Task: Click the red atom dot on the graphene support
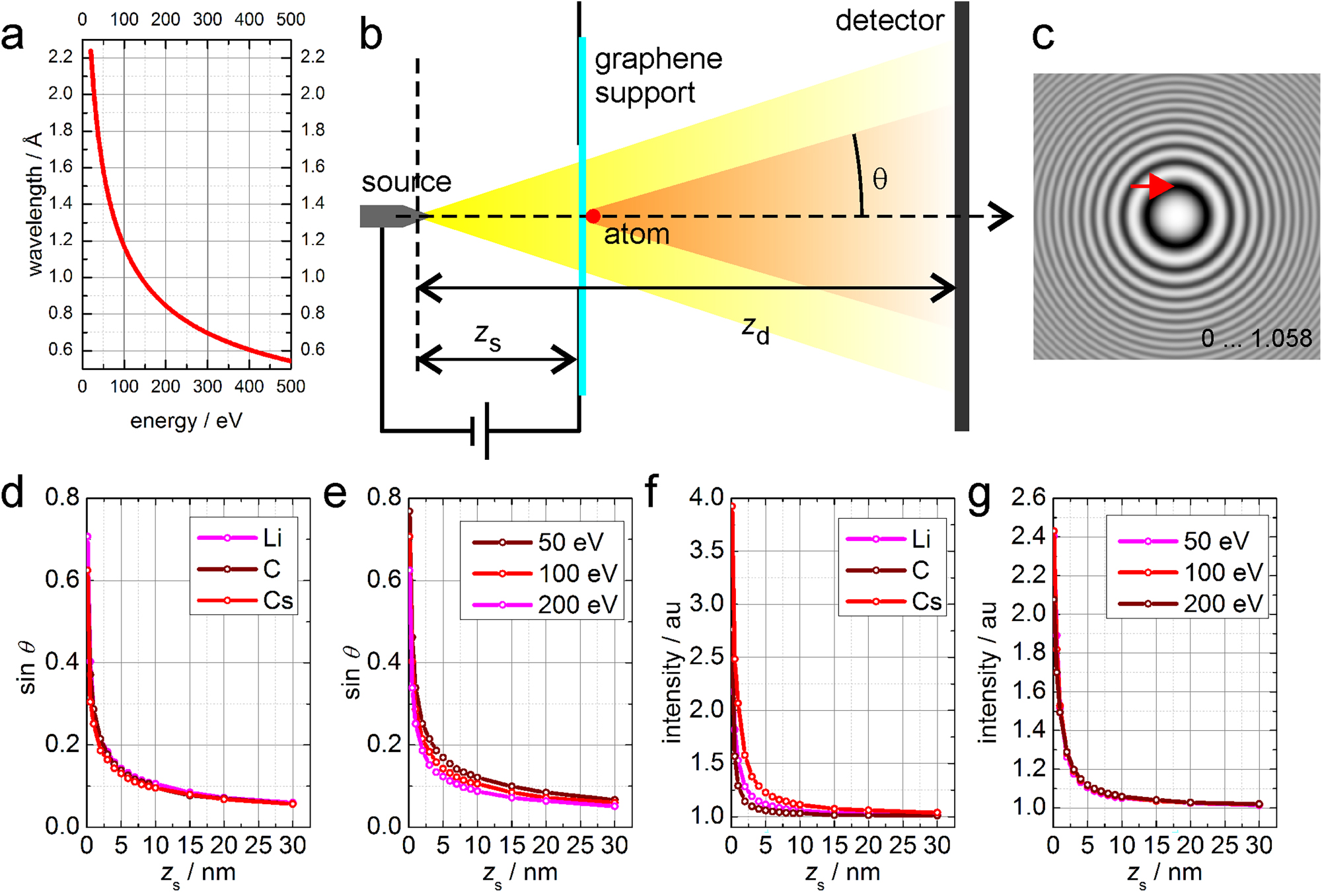coord(593,216)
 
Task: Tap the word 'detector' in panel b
coord(889,21)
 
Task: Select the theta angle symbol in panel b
coord(879,179)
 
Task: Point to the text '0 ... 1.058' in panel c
coord(1256,338)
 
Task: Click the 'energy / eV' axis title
coord(186,421)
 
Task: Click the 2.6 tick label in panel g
coord(1028,498)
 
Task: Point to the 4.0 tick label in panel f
coord(706,498)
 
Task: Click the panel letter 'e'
coord(335,493)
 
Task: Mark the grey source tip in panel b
coord(390,216)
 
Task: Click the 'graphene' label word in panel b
coord(658,59)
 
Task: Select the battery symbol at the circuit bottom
coord(480,431)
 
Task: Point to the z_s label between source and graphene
coord(488,337)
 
